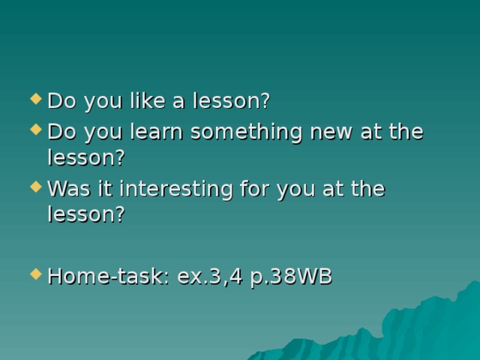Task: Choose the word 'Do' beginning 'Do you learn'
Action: click(60, 132)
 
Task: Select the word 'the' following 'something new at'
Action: click(406, 132)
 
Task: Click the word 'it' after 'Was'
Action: click(97, 189)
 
